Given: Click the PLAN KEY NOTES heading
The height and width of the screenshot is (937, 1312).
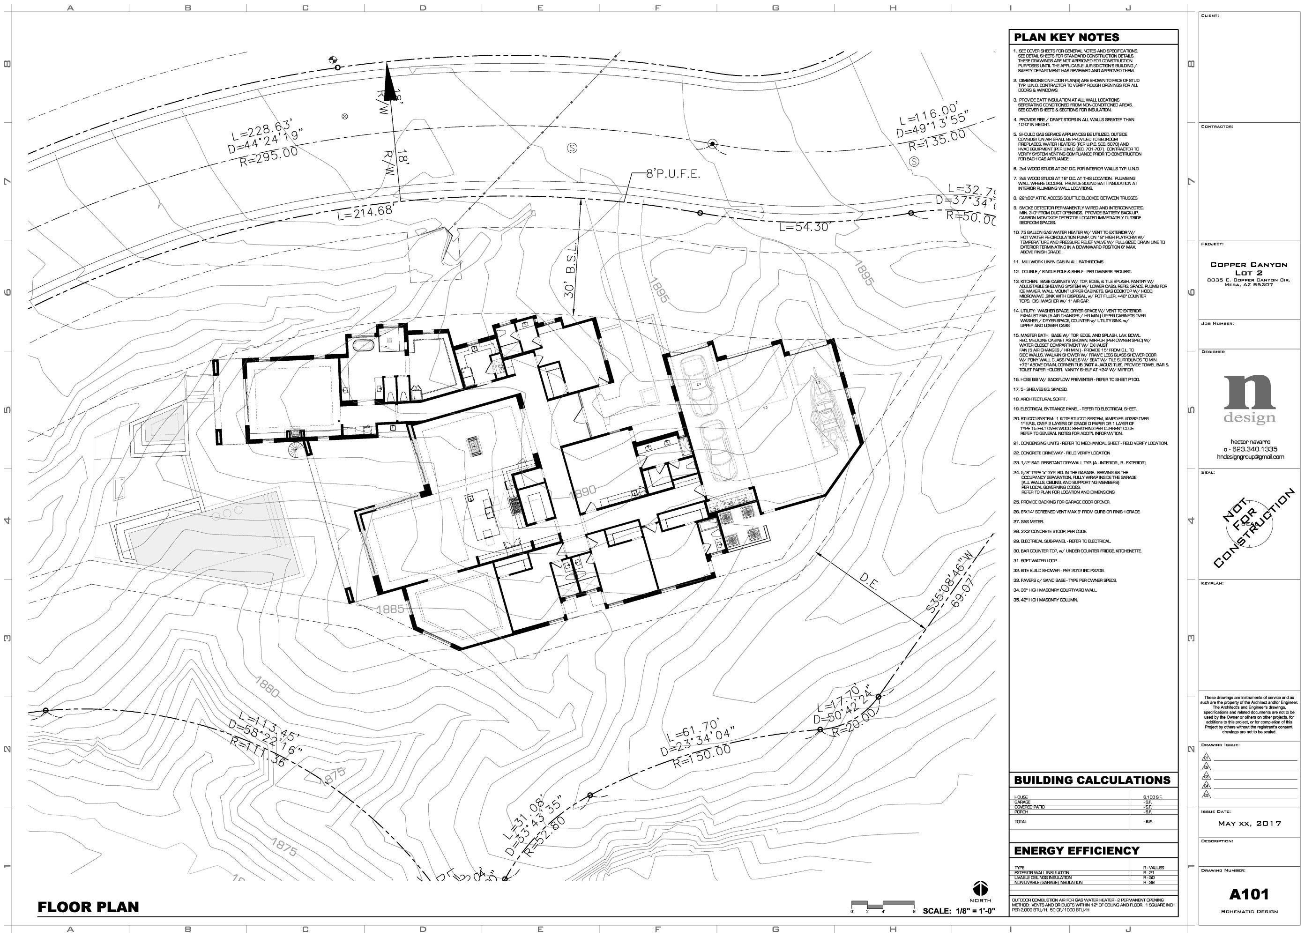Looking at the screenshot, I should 1066,37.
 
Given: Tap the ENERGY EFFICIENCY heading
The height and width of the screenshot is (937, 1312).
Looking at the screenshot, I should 1077,850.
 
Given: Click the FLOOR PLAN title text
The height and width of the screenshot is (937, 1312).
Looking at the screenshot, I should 88,907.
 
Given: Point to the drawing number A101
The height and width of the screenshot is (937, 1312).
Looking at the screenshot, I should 1249,894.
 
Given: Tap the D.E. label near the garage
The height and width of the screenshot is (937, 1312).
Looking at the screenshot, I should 868,581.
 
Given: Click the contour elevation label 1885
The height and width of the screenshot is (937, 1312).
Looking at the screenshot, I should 390,609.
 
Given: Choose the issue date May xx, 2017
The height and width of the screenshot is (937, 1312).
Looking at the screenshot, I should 1249,823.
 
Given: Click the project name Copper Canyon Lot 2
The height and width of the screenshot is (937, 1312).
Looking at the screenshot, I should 1249,268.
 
